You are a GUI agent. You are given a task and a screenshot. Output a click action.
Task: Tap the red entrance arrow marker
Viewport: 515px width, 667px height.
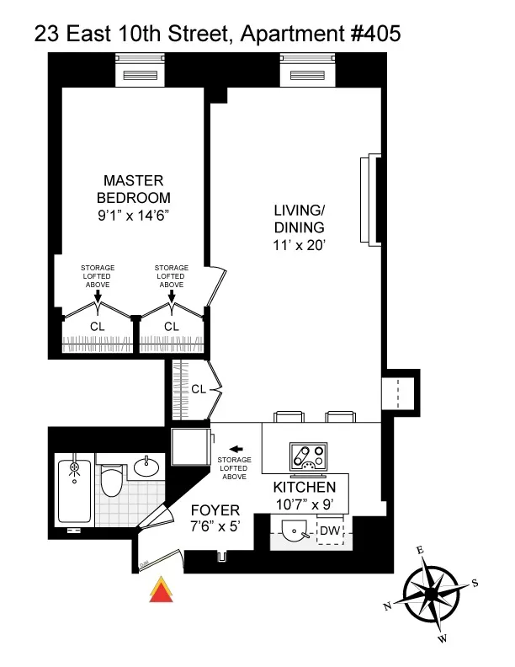point(160,591)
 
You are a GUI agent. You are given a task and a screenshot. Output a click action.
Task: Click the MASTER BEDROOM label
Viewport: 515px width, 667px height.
point(133,189)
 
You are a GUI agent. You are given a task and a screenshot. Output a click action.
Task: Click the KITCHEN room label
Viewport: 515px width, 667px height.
point(305,488)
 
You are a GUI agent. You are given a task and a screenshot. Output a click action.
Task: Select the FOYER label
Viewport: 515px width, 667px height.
point(215,510)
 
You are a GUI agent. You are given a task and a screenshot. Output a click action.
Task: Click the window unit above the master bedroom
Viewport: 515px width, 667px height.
point(141,74)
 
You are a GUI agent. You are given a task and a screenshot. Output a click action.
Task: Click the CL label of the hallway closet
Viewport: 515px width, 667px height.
point(199,389)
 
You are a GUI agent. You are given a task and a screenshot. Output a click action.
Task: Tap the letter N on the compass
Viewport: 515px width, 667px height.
point(387,606)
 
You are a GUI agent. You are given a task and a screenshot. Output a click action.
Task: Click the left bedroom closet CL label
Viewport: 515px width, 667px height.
point(98,326)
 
